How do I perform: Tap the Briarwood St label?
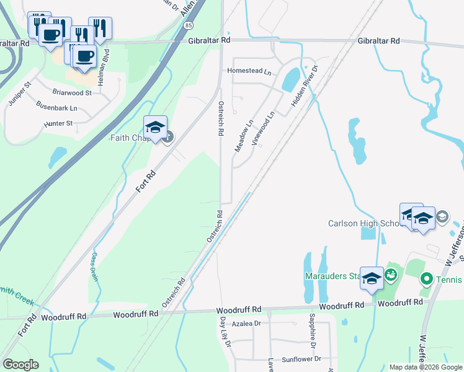(x=72, y=92)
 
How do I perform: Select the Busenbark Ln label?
(x=56, y=107)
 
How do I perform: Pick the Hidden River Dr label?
(x=305, y=89)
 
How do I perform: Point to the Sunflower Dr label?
(x=301, y=359)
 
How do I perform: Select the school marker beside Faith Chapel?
(x=155, y=128)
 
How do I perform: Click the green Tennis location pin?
(x=426, y=279)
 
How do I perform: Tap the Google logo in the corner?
(x=20, y=365)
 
